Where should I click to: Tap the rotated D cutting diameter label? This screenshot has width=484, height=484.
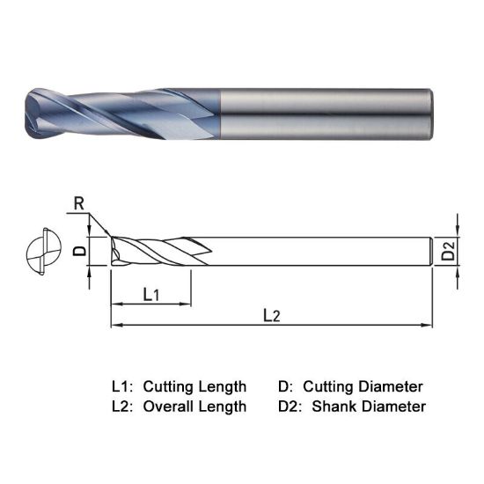(x=78, y=251)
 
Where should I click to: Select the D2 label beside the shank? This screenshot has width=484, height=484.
(x=449, y=252)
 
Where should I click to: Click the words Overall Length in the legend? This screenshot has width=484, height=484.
(x=194, y=407)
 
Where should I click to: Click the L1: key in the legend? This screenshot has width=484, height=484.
(x=122, y=386)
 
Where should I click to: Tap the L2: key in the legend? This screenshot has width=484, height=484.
(x=122, y=407)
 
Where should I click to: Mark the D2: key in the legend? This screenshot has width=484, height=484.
(x=290, y=407)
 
